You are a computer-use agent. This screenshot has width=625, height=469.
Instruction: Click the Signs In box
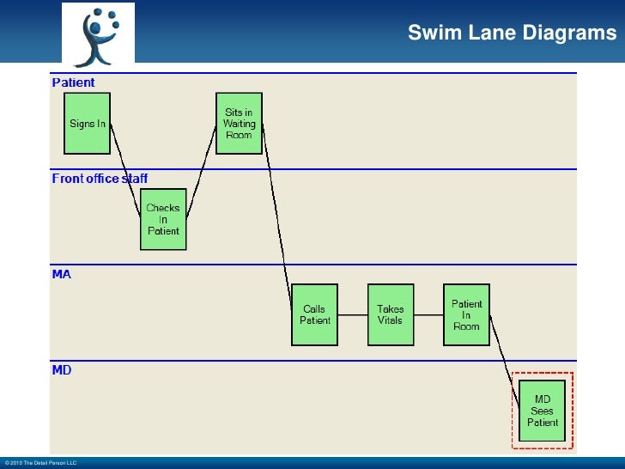click(88, 124)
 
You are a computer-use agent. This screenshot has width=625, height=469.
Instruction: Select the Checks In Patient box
click(163, 219)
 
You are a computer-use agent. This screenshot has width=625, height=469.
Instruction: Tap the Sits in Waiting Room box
click(239, 124)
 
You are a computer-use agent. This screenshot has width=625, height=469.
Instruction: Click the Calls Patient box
click(314, 314)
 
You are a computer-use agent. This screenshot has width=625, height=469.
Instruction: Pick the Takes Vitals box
click(390, 314)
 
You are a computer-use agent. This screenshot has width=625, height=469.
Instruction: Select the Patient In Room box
click(466, 314)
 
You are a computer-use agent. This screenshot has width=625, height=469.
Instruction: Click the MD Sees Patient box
click(543, 411)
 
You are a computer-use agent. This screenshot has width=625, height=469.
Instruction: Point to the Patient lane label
click(74, 82)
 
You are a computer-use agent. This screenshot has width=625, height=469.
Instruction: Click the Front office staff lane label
click(100, 179)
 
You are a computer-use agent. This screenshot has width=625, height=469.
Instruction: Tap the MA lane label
click(62, 274)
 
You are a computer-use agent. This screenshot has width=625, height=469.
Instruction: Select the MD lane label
click(62, 370)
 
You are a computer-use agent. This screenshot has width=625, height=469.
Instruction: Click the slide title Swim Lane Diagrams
click(512, 33)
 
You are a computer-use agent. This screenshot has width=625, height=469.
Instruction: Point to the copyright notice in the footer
click(40, 463)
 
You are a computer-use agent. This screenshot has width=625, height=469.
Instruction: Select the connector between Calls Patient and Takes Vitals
click(352, 314)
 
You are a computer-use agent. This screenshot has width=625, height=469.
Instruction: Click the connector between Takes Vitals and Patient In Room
click(428, 314)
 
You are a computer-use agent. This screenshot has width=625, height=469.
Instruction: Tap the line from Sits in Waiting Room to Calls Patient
click(276, 215)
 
